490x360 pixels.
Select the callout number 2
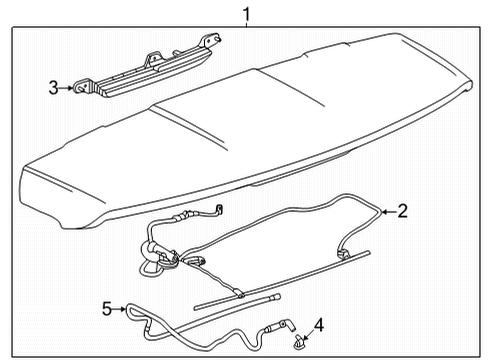pos(402,211)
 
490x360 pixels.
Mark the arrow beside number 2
pos(389,211)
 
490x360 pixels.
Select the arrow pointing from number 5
pos(121,308)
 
